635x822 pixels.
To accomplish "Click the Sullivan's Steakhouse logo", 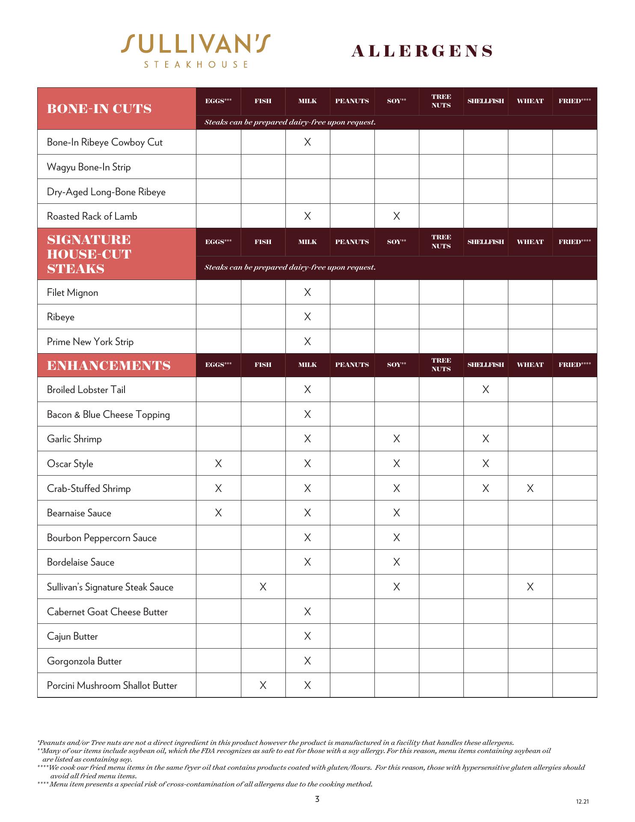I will pyautogui.click(x=196, y=51).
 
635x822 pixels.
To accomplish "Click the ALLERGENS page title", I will pyautogui.click(x=422, y=51).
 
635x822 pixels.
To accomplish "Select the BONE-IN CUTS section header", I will pyautogui.click(x=99, y=109).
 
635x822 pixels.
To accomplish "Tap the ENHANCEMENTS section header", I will pyautogui.click(x=109, y=365).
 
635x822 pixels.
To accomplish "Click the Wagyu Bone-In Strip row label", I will pyautogui.click(x=89, y=167).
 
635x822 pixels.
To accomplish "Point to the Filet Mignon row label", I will pyautogui.click(x=72, y=292).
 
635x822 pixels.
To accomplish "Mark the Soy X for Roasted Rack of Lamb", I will pyautogui.click(x=397, y=216).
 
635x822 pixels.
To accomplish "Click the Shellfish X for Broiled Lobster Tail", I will pyautogui.click(x=486, y=390).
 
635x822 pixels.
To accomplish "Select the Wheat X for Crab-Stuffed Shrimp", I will pyautogui.click(x=530, y=488).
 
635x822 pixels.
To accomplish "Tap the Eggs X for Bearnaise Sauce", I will pyautogui.click(x=218, y=513).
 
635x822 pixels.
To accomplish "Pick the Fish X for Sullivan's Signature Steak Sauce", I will pyautogui.click(x=263, y=587).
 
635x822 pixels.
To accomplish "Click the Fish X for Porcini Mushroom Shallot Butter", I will pyautogui.click(x=263, y=685).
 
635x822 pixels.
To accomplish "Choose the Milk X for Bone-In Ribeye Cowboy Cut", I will pyautogui.click(x=308, y=142).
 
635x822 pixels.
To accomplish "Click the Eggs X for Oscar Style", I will pyautogui.click(x=218, y=464).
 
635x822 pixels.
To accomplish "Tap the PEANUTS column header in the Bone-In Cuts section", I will pyautogui.click(x=352, y=101).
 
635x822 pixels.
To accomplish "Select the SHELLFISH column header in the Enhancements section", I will pyautogui.click(x=486, y=365).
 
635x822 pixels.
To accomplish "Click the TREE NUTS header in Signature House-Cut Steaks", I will pyautogui.click(x=441, y=241).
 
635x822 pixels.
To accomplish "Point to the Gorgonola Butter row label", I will pyautogui.click(x=84, y=661).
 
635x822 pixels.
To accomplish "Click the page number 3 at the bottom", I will pyautogui.click(x=317, y=799).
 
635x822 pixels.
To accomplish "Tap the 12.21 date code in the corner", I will pyautogui.click(x=582, y=801).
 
